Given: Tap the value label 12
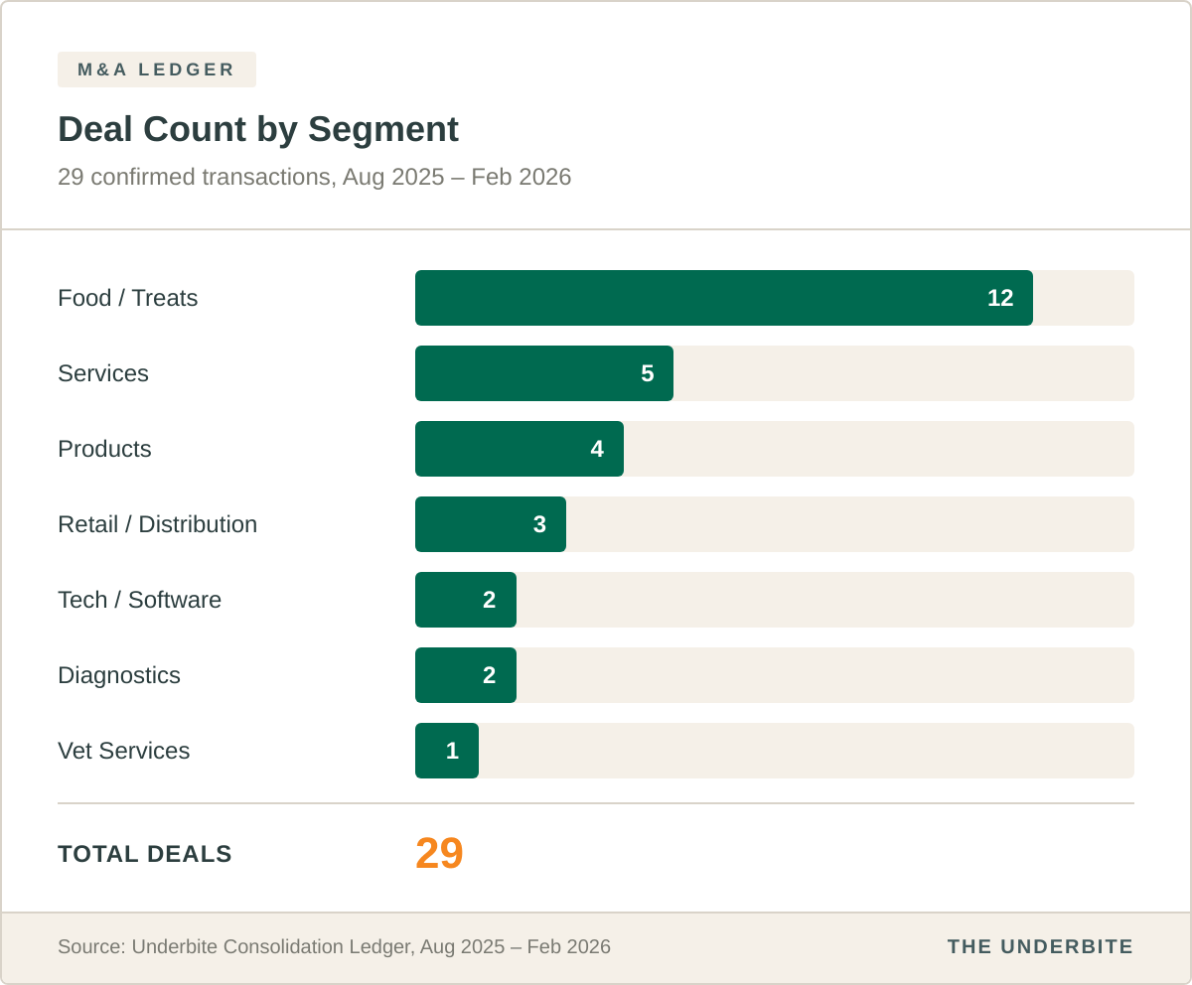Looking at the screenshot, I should pyautogui.click(x=1000, y=298).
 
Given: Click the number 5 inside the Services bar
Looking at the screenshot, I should pyautogui.click(x=648, y=373).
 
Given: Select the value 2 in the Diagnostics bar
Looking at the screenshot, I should pyautogui.click(x=489, y=675).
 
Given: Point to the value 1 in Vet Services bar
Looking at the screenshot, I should pyautogui.click(x=452, y=751).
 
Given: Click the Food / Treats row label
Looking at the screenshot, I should pyautogui.click(x=128, y=298).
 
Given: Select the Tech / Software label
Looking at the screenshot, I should pyautogui.click(x=140, y=600).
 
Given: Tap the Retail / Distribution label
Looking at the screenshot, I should pyautogui.click(x=158, y=524).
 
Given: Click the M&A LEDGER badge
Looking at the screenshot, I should pyautogui.click(x=157, y=70).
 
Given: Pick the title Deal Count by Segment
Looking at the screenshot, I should pyautogui.click(x=258, y=130).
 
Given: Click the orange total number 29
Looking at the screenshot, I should pyautogui.click(x=439, y=854).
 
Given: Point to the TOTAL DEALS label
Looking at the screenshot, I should pyautogui.click(x=145, y=854).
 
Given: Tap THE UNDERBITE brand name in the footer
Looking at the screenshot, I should pyautogui.click(x=1040, y=946).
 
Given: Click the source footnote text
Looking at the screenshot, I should pyautogui.click(x=334, y=946).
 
